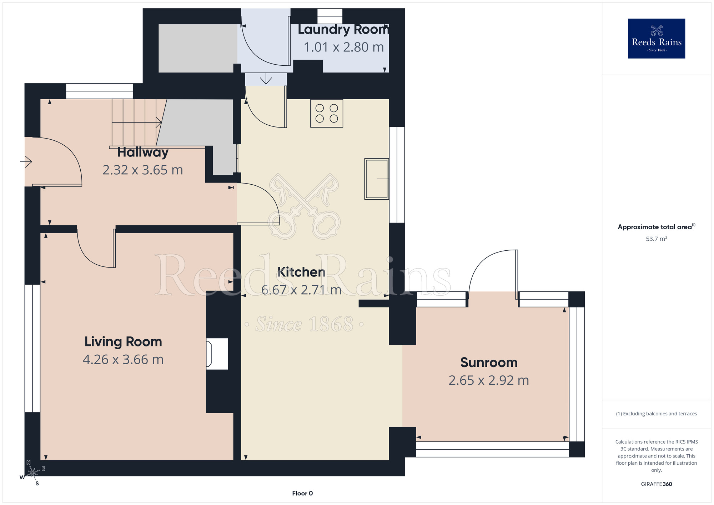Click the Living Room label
coord(123,342)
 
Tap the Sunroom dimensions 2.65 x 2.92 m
coord(489,380)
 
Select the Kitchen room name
coord(301,272)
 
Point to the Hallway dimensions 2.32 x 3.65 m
coord(143,170)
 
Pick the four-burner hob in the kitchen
coord(327,113)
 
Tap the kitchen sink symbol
coord(377,179)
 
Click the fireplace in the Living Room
coord(217,354)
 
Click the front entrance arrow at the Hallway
coord(26,162)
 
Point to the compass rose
coord(32,473)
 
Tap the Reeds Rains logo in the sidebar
coord(657,39)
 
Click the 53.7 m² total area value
coord(657,239)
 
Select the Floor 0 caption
coord(302,493)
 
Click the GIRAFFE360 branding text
coord(657,484)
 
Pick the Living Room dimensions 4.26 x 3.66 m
coord(123,360)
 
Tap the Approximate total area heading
coord(657,227)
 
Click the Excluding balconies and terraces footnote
coord(657,414)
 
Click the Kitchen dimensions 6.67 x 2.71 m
coord(301,290)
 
